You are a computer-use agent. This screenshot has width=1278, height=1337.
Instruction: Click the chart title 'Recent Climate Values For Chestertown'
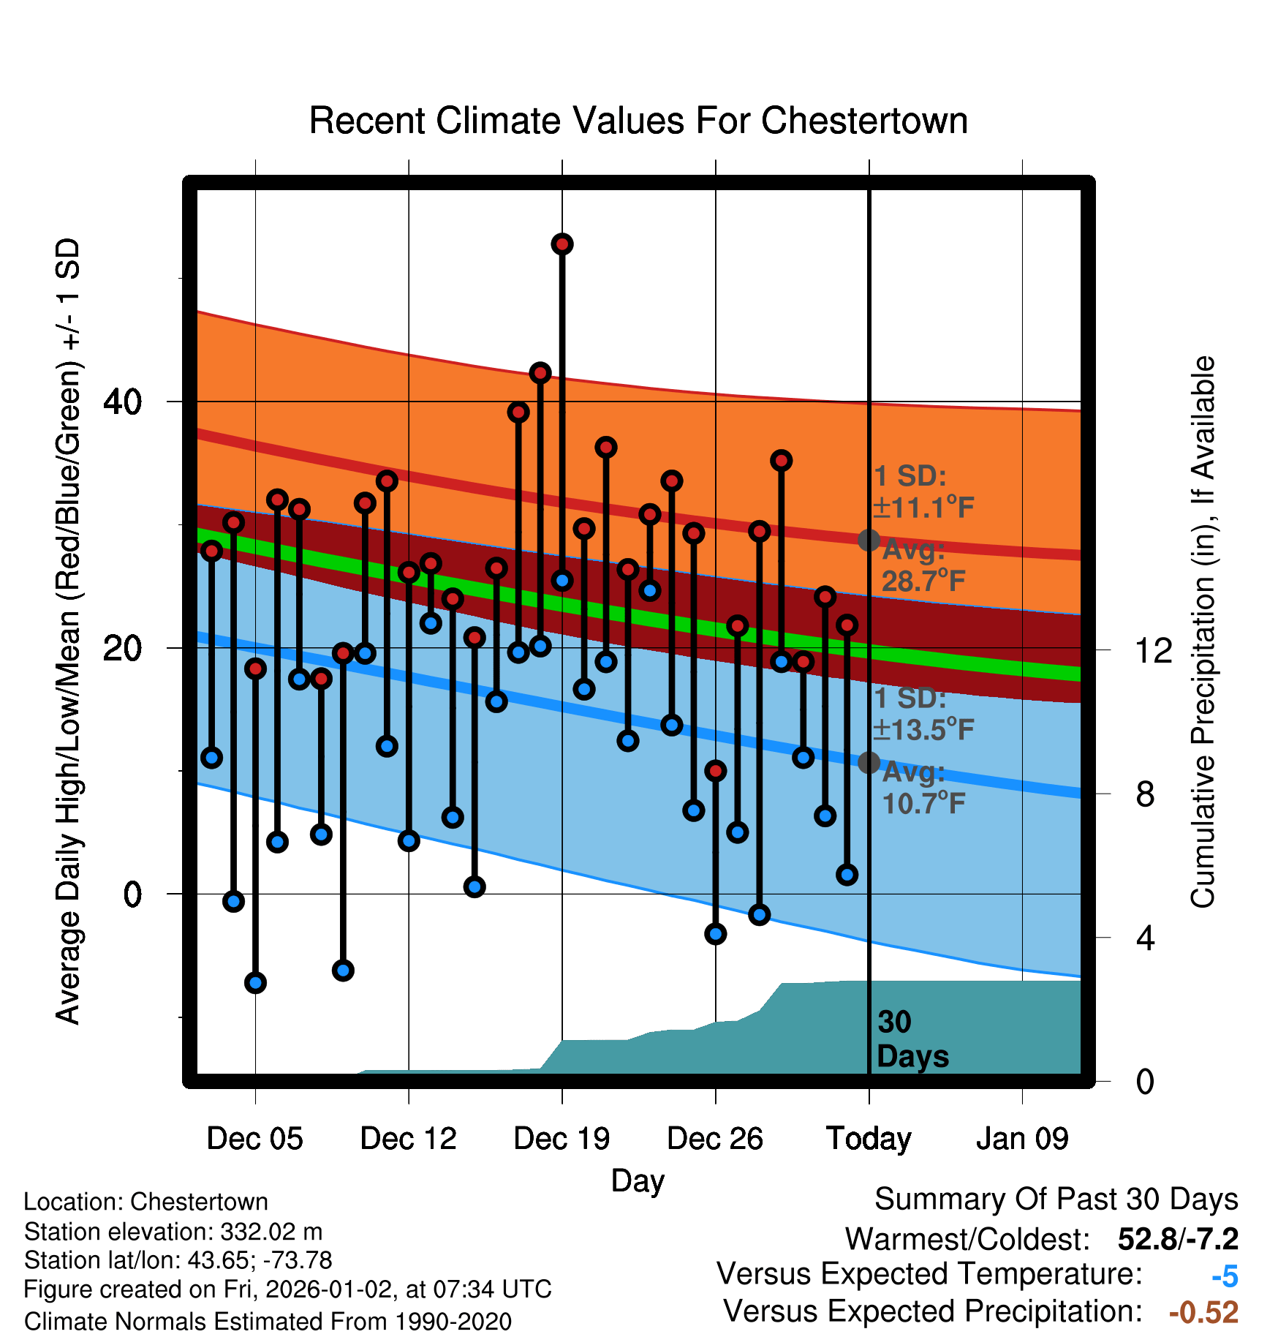638,121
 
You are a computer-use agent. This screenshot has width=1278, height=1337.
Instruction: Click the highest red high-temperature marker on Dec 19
562,244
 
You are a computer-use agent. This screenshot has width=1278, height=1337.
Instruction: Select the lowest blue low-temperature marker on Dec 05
255,982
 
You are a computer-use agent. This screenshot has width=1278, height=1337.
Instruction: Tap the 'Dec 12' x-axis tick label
408,1139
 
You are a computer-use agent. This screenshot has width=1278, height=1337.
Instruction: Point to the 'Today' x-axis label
869,1139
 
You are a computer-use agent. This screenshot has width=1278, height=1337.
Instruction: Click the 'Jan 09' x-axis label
1022,1139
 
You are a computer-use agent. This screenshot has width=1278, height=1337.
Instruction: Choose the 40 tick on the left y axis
123,402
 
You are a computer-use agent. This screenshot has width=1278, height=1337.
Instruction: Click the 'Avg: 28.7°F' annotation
923,565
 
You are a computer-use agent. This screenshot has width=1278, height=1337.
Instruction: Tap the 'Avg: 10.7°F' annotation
923,788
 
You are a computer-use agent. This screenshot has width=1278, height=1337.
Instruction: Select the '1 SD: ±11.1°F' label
923,492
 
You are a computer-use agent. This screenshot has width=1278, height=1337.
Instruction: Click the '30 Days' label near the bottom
911,1039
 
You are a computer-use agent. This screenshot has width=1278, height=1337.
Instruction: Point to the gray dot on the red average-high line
869,540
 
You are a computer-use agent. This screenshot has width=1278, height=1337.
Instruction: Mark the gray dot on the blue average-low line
869,762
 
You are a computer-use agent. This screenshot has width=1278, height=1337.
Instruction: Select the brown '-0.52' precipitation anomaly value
1203,1312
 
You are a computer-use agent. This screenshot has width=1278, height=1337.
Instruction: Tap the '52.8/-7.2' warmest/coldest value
1178,1239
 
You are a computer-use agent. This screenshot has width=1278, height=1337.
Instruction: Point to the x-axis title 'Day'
638,1180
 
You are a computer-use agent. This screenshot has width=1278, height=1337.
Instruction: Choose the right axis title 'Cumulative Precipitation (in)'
1203,632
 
